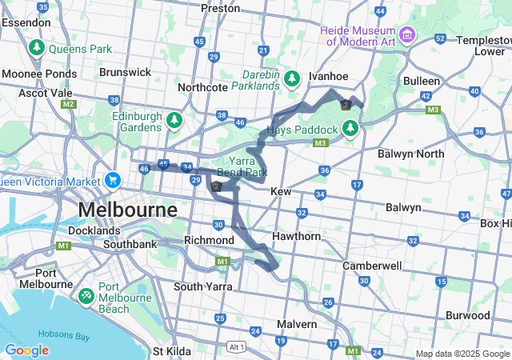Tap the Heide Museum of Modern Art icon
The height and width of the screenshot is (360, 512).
[x=408, y=34]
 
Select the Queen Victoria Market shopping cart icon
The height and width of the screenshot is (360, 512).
[x=113, y=180]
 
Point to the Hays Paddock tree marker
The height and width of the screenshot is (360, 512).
[x=350, y=127]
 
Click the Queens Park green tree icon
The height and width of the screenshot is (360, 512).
[x=36, y=49]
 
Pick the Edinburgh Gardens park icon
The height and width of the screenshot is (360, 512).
[x=174, y=121]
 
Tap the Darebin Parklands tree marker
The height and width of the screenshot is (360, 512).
[x=293, y=78]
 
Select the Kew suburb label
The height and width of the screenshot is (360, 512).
[x=281, y=192]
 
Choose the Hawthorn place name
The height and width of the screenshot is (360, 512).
[x=297, y=236]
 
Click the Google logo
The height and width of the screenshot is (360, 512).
[x=26, y=350]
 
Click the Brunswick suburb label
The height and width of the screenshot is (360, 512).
[x=125, y=72]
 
